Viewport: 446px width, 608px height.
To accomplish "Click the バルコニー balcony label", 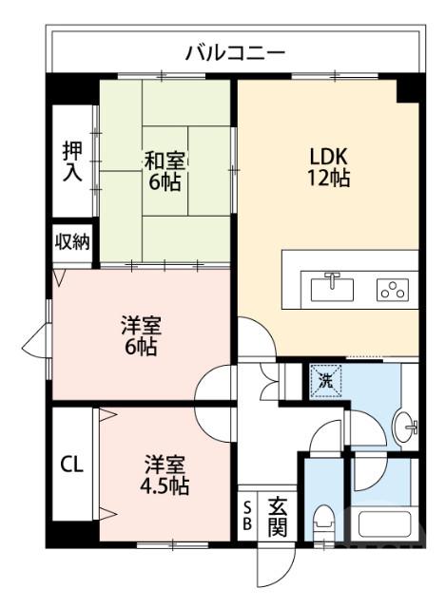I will point(234,51).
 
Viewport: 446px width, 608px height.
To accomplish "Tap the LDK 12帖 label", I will point(329,166).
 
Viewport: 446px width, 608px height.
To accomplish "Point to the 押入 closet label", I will point(72,161).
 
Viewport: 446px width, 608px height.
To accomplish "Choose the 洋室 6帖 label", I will point(140,335).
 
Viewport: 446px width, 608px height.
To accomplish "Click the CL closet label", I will point(72,465).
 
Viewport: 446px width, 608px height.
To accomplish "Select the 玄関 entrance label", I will point(277,517).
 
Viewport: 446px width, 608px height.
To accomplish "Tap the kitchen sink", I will point(332,285).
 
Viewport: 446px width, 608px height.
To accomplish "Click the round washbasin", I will point(410,429).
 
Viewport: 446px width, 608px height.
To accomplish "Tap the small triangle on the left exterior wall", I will point(39,338).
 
